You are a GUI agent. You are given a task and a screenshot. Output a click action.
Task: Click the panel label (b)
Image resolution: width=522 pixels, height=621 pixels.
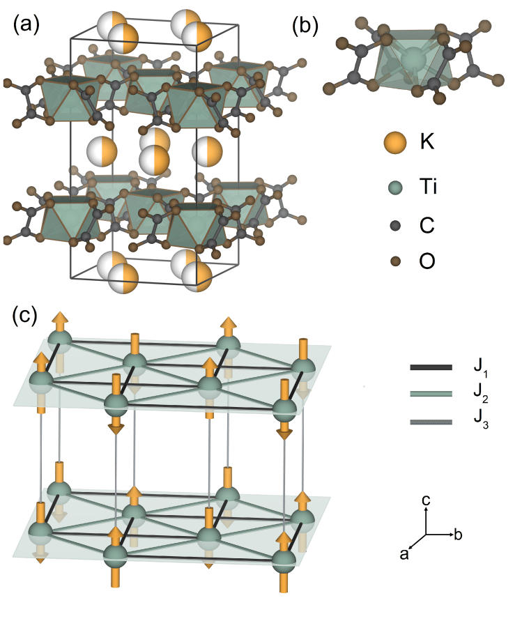(x=305, y=26)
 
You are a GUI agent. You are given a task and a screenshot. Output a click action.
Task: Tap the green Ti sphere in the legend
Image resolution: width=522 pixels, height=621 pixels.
(x=395, y=187)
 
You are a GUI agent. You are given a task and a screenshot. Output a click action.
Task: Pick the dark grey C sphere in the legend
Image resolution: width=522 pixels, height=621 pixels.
(x=395, y=225)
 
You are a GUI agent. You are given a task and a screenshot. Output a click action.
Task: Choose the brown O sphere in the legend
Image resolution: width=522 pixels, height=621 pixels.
(x=395, y=262)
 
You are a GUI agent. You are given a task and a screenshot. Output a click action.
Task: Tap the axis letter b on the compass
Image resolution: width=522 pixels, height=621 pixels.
(x=458, y=535)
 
